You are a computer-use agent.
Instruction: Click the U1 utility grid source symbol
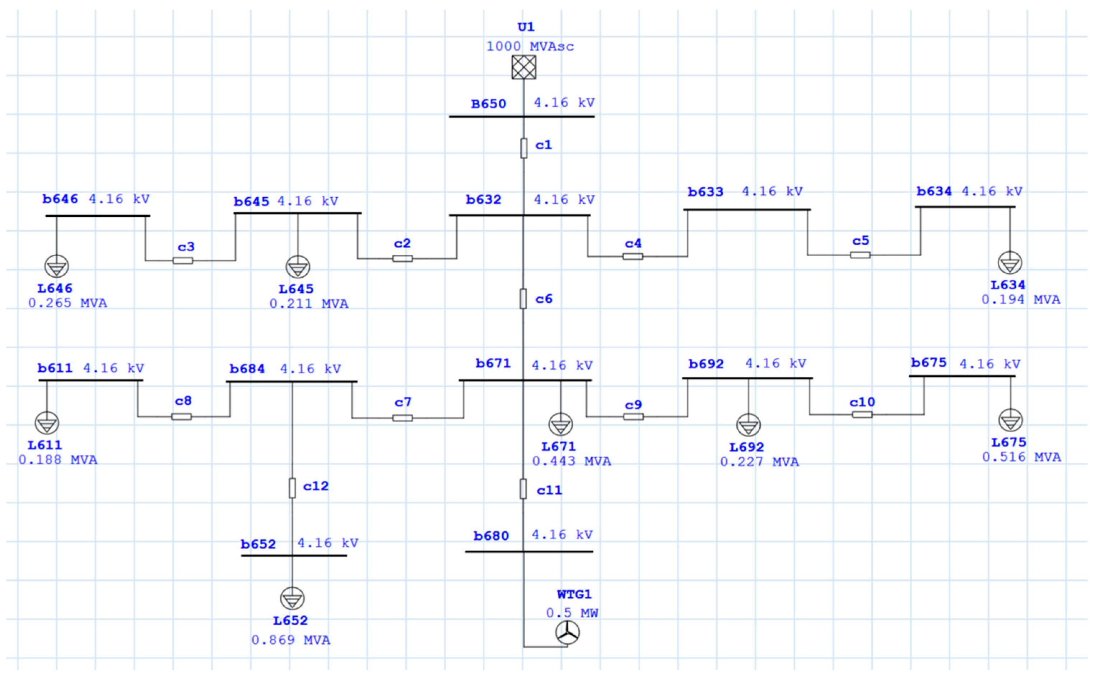[523, 67]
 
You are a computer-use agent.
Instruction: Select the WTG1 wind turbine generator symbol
[567, 633]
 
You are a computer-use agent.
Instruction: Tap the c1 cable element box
[523, 148]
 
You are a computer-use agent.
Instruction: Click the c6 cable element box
[523, 298]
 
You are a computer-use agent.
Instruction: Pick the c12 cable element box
[292, 488]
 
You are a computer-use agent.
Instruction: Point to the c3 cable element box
[183, 260]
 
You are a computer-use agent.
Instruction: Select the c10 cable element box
[862, 415]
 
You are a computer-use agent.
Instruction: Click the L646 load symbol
[56, 267]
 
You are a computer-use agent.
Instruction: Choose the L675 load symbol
[1010, 420]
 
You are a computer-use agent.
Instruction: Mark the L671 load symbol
[560, 424]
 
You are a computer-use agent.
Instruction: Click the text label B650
[488, 104]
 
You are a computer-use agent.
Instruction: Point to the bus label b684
[247, 369]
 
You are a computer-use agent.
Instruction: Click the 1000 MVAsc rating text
[530, 47]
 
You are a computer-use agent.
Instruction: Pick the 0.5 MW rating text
[572, 613]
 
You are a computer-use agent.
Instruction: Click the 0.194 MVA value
[1021, 300]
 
